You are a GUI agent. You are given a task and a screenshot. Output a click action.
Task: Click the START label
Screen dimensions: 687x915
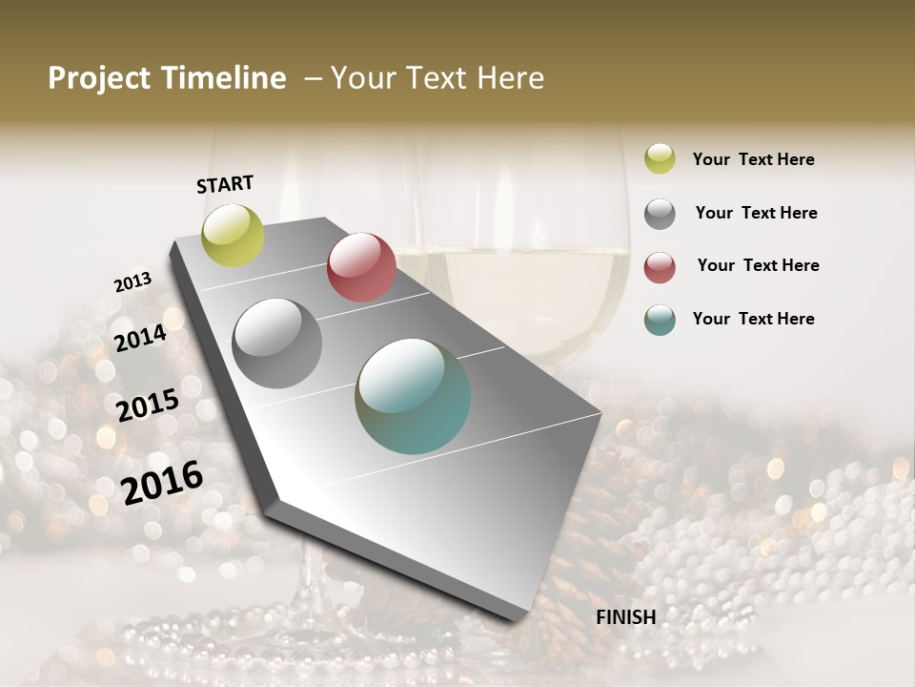click(x=225, y=184)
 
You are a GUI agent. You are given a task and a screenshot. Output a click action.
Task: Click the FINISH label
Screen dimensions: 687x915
click(x=625, y=617)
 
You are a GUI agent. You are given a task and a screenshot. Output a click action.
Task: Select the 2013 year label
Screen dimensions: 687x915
click(x=132, y=282)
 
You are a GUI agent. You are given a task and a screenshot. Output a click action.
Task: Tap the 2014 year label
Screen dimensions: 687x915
click(x=140, y=338)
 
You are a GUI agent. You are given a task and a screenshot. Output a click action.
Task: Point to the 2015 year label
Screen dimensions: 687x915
click(x=148, y=406)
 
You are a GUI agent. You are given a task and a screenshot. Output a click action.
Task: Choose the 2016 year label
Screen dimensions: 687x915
click(x=162, y=482)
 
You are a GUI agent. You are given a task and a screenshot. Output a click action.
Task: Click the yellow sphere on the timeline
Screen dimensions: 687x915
click(x=233, y=235)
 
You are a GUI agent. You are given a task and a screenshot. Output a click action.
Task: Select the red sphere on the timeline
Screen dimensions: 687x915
click(x=361, y=266)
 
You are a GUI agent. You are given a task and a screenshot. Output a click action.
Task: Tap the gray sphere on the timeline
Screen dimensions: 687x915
click(x=276, y=343)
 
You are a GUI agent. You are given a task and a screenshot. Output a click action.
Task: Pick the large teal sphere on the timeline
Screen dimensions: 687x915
click(x=413, y=396)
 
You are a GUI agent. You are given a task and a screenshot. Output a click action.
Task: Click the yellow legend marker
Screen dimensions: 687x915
click(x=660, y=158)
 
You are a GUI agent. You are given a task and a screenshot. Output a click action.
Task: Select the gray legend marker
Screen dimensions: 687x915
click(x=660, y=213)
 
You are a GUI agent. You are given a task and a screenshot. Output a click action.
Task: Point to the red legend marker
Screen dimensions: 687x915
click(x=660, y=266)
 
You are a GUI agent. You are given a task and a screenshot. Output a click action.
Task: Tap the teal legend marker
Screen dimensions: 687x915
click(x=660, y=320)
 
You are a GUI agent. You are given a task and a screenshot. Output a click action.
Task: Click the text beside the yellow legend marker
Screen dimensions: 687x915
click(x=753, y=159)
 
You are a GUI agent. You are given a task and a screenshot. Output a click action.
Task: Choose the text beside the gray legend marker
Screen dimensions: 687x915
click(x=756, y=213)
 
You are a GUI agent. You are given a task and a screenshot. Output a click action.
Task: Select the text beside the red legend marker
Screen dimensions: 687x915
click(x=758, y=265)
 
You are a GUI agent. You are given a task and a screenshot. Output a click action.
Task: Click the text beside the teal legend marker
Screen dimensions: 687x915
click(x=753, y=319)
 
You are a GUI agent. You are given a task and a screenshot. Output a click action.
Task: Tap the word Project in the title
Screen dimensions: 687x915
click(x=99, y=78)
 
